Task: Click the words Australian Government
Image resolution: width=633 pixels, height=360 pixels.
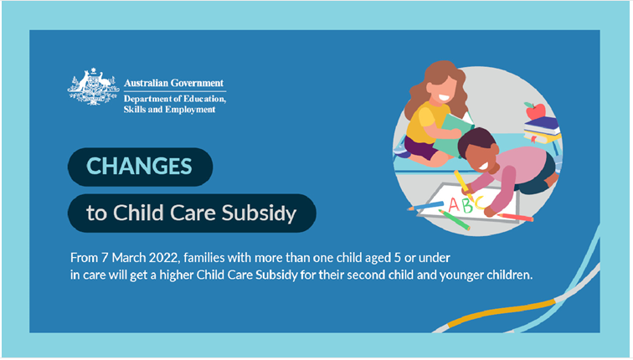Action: tap(173, 83)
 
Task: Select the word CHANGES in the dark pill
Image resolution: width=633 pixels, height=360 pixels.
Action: tap(141, 166)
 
